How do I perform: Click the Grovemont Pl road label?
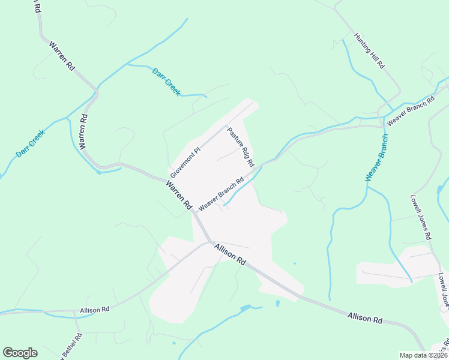(184, 159)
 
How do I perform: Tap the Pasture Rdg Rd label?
(241, 147)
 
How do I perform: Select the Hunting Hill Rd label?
(369, 51)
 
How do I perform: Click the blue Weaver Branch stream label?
(376, 158)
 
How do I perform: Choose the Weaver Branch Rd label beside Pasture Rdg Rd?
(221, 193)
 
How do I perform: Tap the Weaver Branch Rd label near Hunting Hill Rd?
(410, 110)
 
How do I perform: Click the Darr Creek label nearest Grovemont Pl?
(166, 80)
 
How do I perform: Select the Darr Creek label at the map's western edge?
(30, 145)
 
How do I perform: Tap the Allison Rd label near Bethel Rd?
(95, 310)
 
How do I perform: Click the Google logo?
(20, 353)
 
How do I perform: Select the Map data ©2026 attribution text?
(423, 355)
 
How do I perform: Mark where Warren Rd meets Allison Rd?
(210, 242)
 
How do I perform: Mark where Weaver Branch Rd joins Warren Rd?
(193, 211)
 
